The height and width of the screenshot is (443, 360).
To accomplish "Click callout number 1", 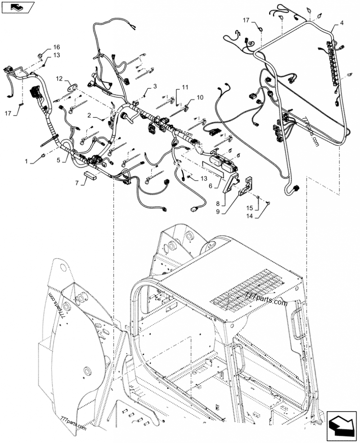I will click(x=27, y=161).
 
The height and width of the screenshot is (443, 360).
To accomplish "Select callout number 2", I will click(x=90, y=116).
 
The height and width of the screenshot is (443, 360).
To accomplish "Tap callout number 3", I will click(x=155, y=86).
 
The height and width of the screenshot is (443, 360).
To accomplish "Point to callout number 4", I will click(x=342, y=22).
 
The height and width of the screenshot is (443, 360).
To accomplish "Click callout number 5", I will click(x=58, y=159).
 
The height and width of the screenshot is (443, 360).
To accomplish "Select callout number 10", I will click(x=200, y=97).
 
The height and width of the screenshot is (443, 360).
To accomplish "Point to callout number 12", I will click(x=59, y=79).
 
